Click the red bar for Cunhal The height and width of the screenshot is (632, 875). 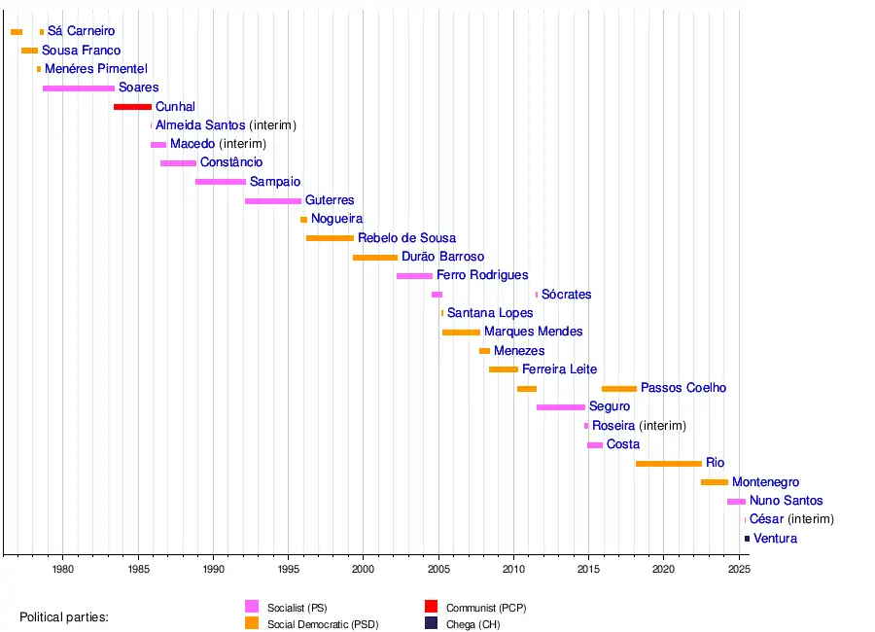(x=132, y=107)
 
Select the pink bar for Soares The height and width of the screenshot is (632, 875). (x=79, y=88)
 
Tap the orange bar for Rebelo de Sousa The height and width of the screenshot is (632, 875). (x=330, y=238)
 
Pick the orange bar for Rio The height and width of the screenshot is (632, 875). (x=668, y=464)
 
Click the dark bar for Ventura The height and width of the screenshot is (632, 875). (x=747, y=539)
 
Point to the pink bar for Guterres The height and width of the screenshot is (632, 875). (x=273, y=201)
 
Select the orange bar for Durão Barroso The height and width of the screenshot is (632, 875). (x=375, y=258)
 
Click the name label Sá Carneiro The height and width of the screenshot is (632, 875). (x=81, y=32)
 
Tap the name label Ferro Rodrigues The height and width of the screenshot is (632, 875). (x=482, y=276)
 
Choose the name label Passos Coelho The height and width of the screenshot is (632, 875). (x=683, y=389)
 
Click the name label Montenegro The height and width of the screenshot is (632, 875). (x=765, y=482)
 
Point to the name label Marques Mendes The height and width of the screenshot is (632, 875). (x=533, y=333)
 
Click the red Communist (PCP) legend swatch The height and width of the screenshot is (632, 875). (x=432, y=608)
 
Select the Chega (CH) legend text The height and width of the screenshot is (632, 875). (x=472, y=625)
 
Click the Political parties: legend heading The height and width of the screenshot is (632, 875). (x=64, y=617)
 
